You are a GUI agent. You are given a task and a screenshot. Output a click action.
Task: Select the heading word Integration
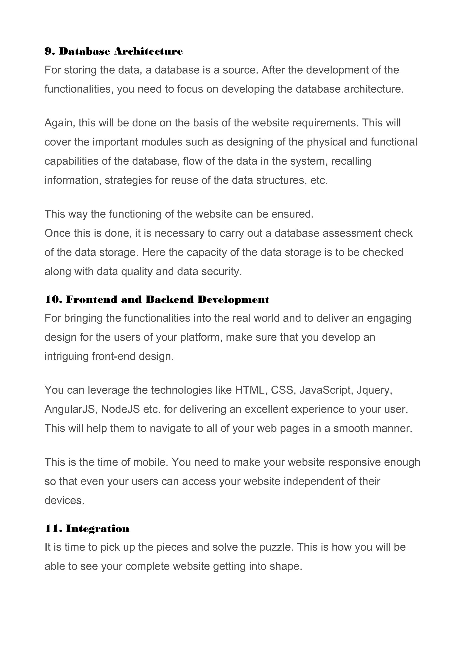point(98,529)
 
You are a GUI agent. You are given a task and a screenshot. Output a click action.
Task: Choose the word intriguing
point(67,356)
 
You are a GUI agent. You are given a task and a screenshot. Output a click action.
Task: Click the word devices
point(64,500)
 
